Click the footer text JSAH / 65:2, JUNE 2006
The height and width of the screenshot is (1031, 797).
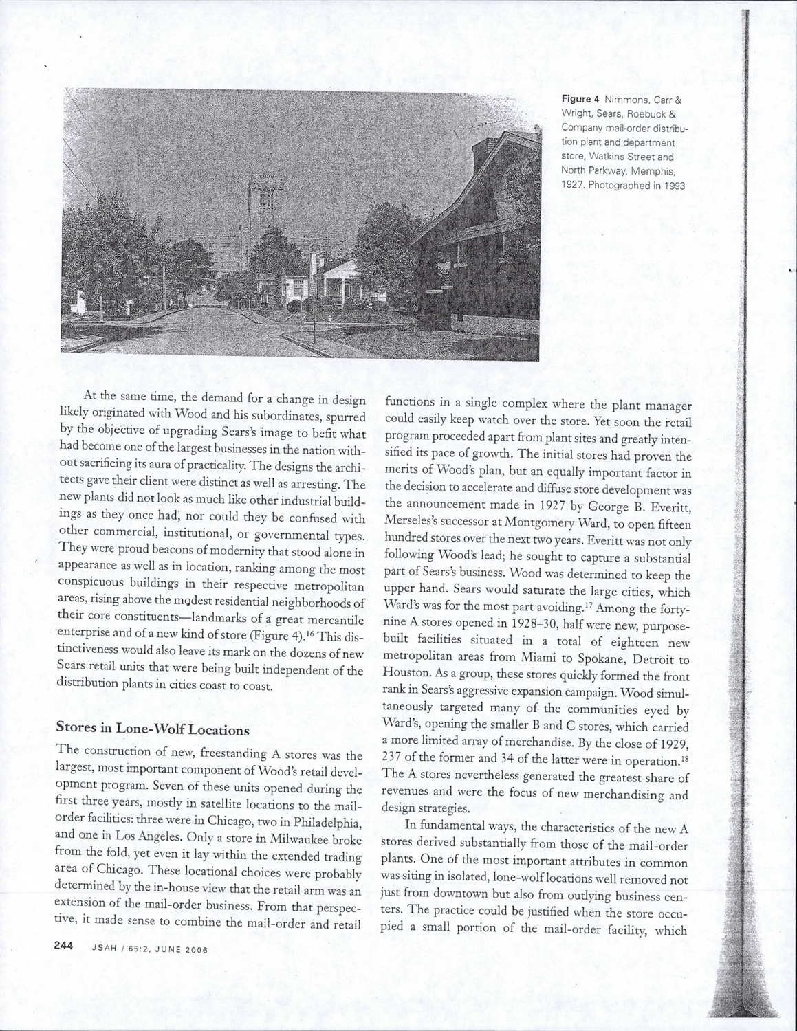click(144, 946)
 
